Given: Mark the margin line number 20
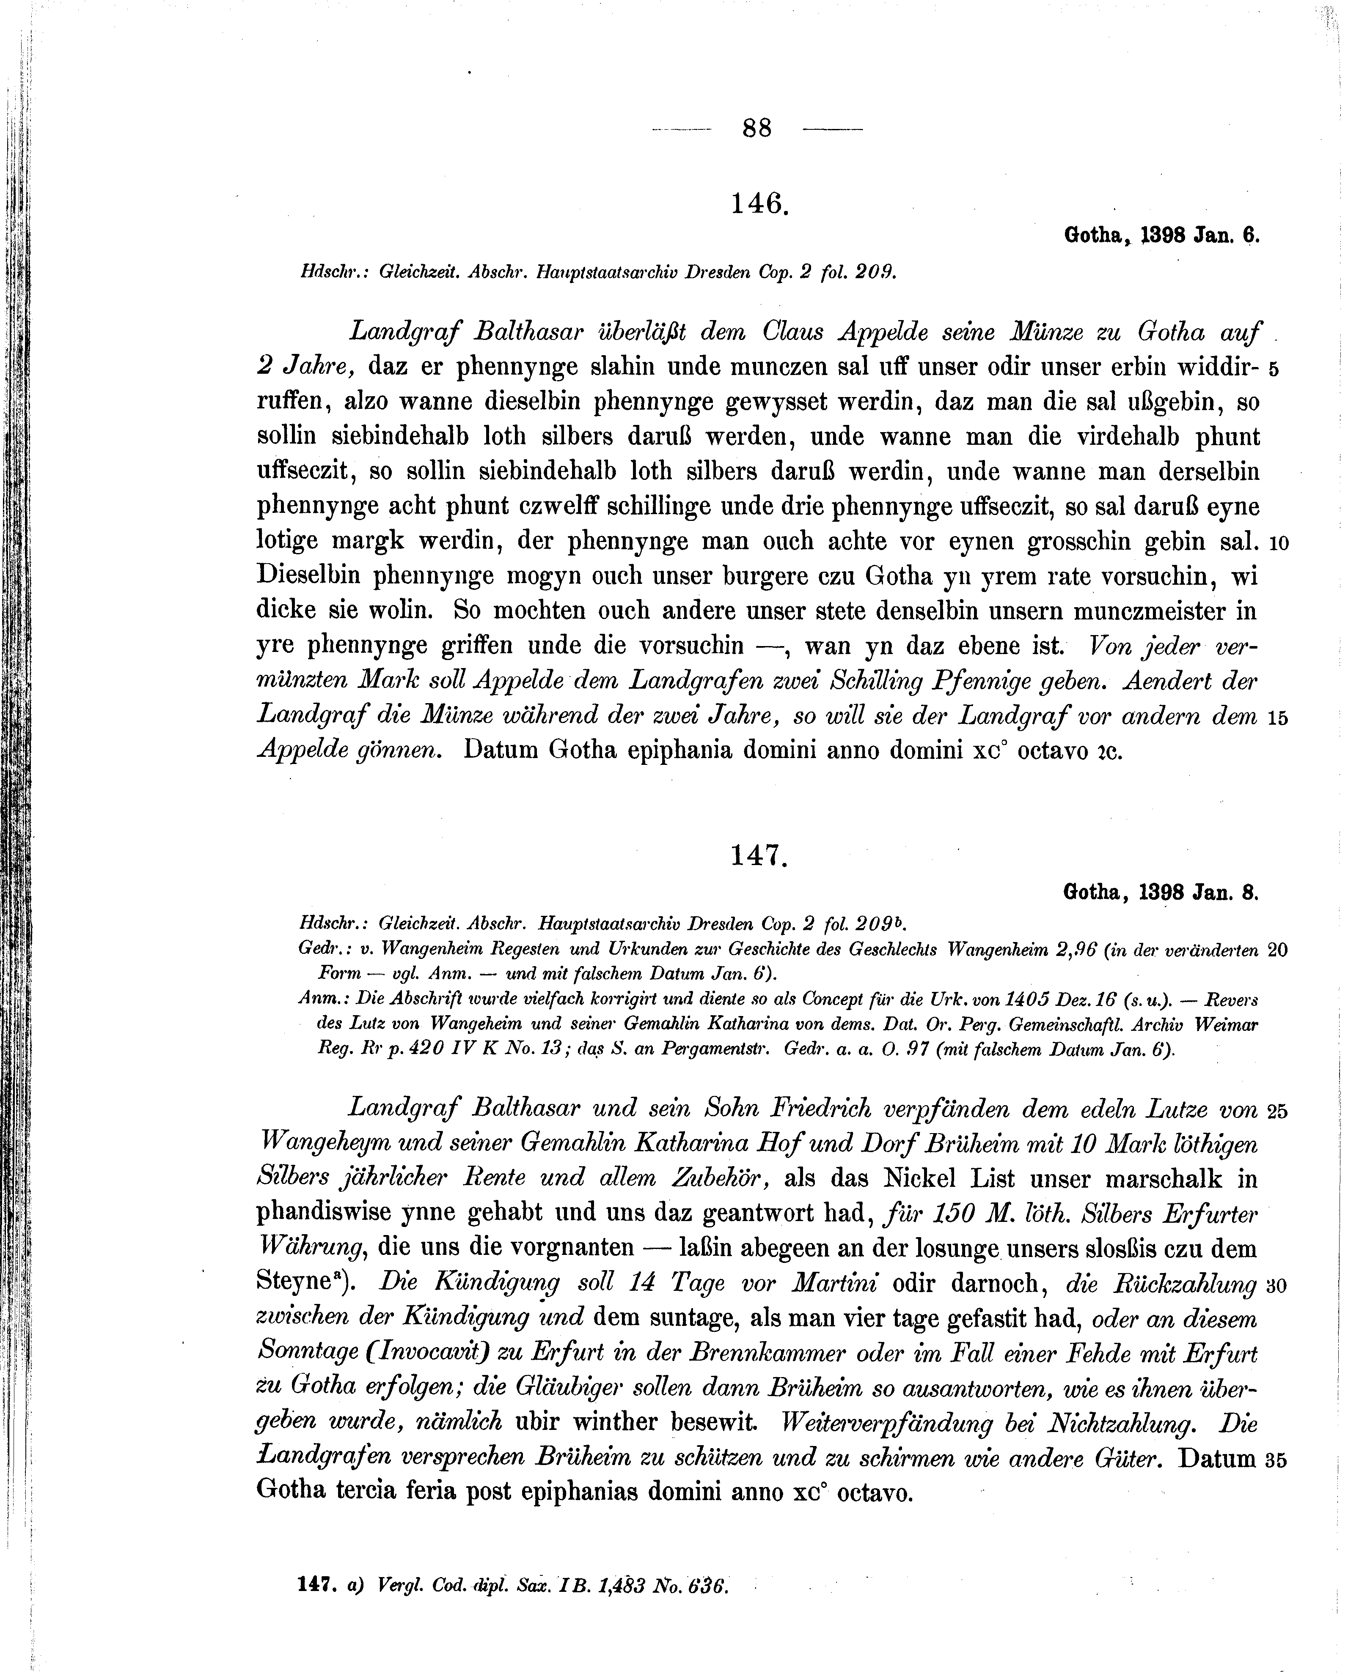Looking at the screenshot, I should [1278, 950].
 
